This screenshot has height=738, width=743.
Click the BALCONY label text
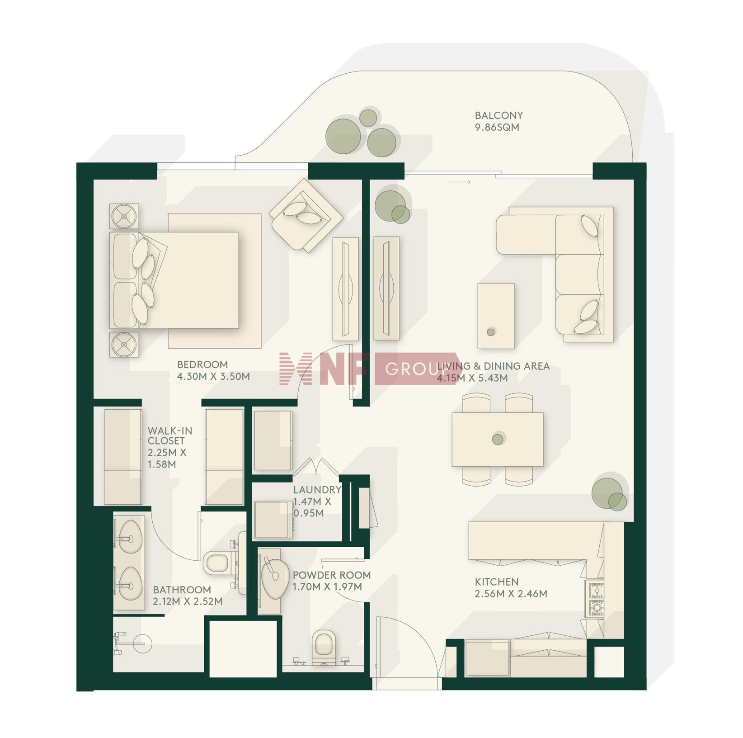point(498,115)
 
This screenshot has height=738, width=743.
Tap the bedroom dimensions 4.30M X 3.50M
point(213,376)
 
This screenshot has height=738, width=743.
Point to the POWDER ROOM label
point(332,575)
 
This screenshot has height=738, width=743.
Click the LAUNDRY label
point(317,490)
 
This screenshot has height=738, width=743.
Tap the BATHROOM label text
point(182,590)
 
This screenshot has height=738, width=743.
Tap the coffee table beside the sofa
point(496,316)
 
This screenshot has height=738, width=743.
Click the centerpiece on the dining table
point(498,439)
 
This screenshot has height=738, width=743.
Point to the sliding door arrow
point(459,182)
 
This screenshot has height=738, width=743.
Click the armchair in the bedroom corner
point(306,216)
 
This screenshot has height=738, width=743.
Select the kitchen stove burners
point(595,599)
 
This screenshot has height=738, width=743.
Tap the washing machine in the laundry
point(273,520)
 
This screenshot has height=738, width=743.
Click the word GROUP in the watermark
point(412,369)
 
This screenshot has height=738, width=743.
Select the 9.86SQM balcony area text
point(497,128)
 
